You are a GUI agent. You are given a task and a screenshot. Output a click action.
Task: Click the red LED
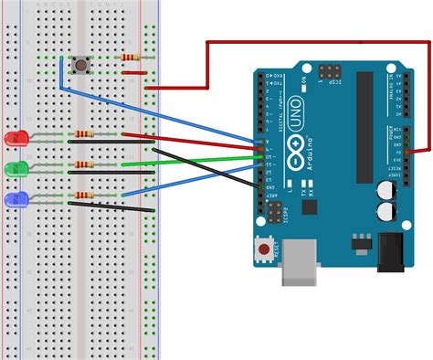pyautogui.click(x=15, y=139)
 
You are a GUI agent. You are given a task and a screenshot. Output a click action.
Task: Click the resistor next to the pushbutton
pyautogui.click(x=132, y=57)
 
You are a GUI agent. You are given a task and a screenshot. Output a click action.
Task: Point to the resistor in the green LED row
pyautogui.click(x=85, y=165)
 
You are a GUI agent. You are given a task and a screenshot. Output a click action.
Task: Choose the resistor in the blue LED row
pyautogui.click(x=85, y=196)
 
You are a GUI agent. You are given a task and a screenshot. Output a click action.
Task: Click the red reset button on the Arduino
pyautogui.click(x=266, y=249)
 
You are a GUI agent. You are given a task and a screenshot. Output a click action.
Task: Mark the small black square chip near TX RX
pyautogui.click(x=309, y=206)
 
